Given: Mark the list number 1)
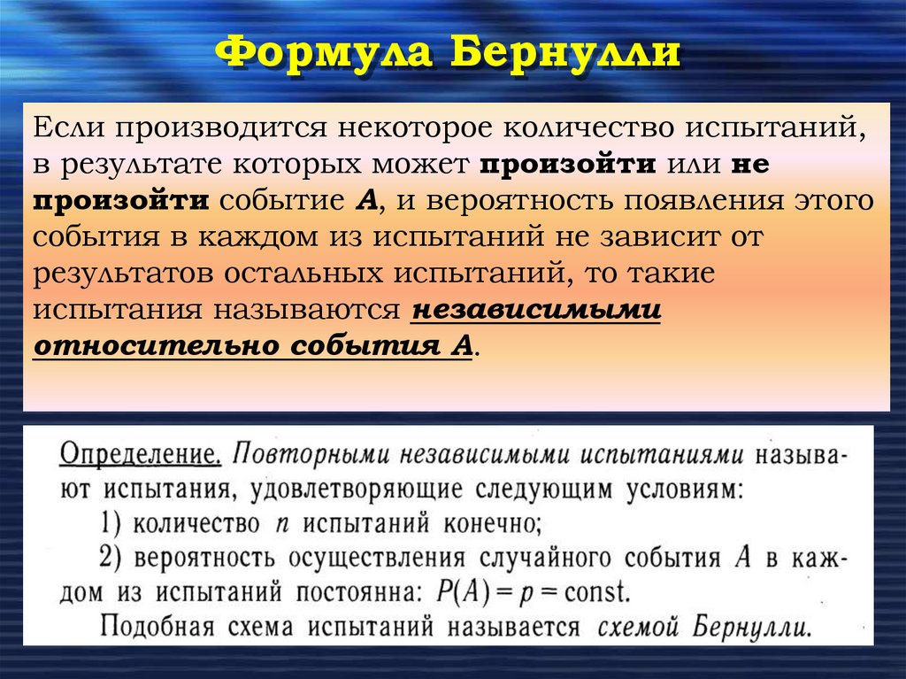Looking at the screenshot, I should tap(112, 522).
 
